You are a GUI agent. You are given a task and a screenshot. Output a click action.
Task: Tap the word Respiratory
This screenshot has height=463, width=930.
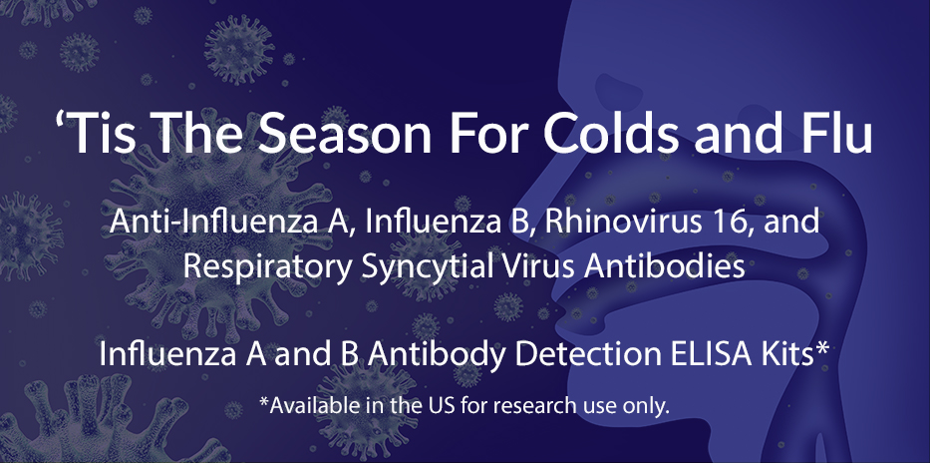click(267, 267)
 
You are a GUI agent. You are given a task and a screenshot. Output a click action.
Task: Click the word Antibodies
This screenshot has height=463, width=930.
click(664, 266)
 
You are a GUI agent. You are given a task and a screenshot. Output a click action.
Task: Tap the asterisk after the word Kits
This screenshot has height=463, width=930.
click(822, 346)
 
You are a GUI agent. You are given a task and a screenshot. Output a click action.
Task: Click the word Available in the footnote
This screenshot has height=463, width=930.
click(301, 406)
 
